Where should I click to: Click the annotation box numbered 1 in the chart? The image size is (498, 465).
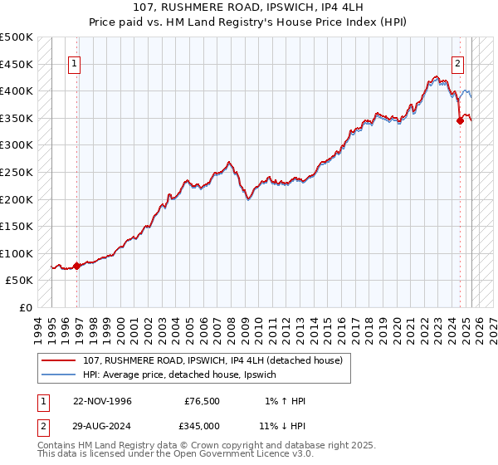tap(75, 62)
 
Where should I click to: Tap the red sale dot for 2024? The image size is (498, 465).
tap(460, 120)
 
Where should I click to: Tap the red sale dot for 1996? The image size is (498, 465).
tap(77, 266)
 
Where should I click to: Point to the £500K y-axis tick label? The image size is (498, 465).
tap(17, 37)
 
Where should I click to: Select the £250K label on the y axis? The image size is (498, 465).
tap(17, 172)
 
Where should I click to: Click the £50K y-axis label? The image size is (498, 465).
tap(20, 281)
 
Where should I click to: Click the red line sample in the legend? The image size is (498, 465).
tap(60, 360)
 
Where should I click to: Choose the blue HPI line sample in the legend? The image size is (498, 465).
tap(60, 374)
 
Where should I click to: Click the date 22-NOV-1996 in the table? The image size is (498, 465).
tap(102, 401)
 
